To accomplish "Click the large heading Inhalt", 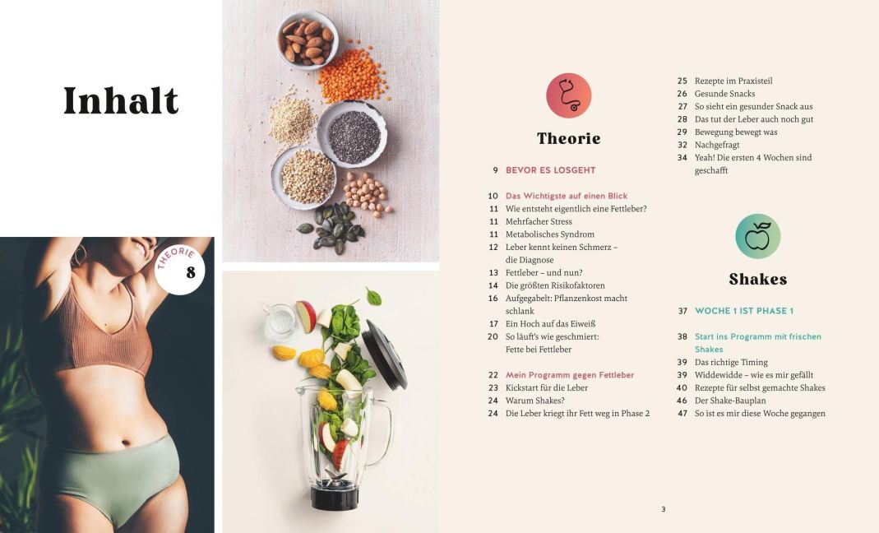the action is (x=121, y=101).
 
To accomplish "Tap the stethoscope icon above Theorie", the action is (x=568, y=95).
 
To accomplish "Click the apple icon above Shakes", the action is (x=757, y=236).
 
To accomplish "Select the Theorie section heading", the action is (x=568, y=138).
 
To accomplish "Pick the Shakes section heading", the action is (x=758, y=280).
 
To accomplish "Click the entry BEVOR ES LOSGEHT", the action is (x=550, y=170).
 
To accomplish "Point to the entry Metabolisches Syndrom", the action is (x=550, y=234).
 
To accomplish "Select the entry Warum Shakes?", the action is (x=534, y=401).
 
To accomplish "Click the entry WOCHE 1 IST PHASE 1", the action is (x=744, y=311).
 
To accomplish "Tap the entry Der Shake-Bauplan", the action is (x=730, y=401).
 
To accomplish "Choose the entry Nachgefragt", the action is (x=717, y=145).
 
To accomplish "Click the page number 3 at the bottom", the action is (x=664, y=509).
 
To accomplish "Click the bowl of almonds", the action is (x=308, y=40).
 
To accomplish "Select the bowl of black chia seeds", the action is (x=352, y=135).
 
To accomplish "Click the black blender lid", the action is (x=384, y=355).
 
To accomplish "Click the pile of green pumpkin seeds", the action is (x=332, y=227).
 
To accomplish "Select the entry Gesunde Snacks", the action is (x=724, y=94).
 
